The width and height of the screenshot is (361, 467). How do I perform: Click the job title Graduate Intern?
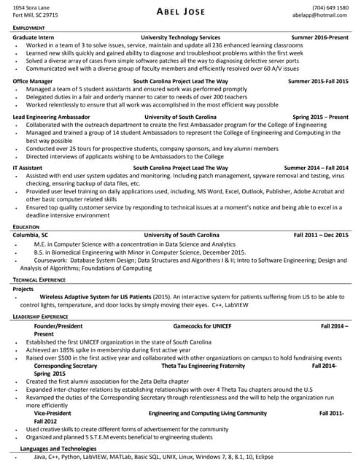pos(36,36)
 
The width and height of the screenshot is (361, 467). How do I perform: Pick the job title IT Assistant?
pos(28,168)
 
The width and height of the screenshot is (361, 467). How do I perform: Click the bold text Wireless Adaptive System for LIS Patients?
pos(96,298)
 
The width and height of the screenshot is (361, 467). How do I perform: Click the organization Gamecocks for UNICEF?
pos(202,325)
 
